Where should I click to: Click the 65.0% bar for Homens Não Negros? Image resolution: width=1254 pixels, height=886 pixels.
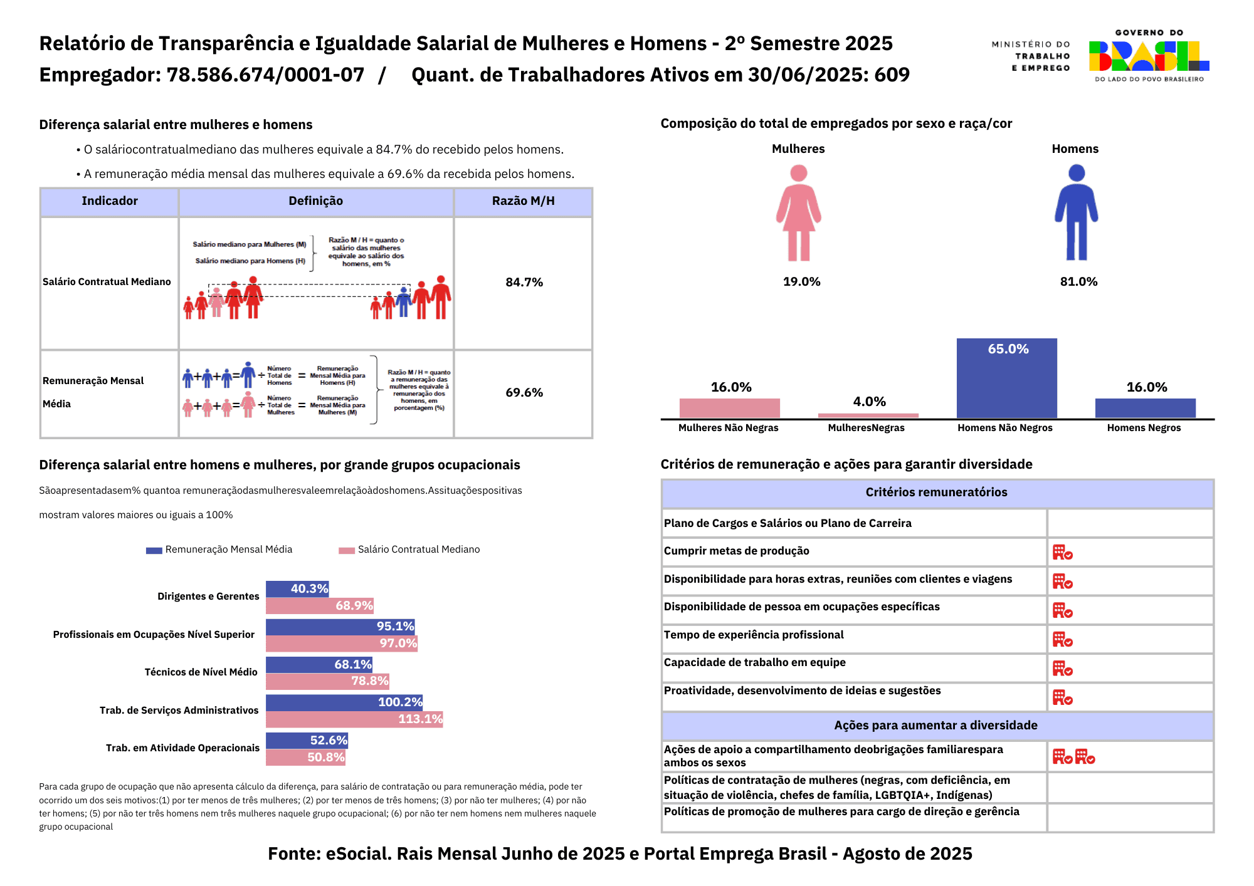[1006, 378]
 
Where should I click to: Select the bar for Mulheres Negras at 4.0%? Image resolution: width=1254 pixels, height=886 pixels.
[868, 415]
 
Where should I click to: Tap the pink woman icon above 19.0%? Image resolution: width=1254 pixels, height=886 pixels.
[798, 212]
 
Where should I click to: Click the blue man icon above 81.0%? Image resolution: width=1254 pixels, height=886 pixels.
[1076, 212]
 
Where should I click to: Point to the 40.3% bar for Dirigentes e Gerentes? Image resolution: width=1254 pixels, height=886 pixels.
[297, 589]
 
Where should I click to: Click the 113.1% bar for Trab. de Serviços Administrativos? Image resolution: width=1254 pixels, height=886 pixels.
[354, 719]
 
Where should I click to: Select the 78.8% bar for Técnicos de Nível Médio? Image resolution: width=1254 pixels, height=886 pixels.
[327, 681]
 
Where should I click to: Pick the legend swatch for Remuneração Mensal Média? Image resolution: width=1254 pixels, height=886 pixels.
[154, 550]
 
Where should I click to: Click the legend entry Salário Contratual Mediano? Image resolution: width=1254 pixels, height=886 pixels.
[418, 550]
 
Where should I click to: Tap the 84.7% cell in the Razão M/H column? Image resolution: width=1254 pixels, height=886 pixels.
[524, 283]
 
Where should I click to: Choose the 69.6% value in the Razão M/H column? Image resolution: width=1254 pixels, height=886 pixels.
[524, 393]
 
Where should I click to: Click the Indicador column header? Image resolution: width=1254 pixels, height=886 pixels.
[110, 201]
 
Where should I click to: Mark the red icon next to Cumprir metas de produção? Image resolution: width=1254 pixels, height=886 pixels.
[1062, 553]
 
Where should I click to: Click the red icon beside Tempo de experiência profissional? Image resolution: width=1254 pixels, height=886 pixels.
[1062, 640]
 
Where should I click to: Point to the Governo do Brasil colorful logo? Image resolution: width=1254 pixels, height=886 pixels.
[1149, 56]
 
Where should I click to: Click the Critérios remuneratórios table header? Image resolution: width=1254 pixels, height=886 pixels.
[936, 493]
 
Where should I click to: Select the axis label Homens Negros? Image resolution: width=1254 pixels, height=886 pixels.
[1144, 428]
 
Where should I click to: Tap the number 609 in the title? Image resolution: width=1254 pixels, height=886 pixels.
[892, 75]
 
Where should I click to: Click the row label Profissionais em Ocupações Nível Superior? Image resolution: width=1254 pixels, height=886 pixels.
[154, 635]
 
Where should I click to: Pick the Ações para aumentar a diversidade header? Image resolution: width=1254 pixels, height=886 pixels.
[935, 726]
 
